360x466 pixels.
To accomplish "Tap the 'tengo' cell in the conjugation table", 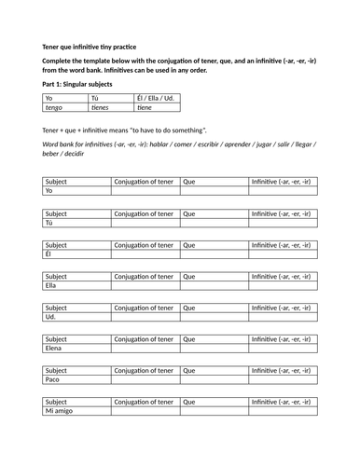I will click(64, 108).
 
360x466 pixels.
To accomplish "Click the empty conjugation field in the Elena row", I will click(145, 349).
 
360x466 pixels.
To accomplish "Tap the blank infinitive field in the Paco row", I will click(284, 380).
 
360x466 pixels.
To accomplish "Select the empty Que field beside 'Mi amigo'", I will click(215, 411).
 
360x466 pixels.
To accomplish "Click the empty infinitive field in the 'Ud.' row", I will click(284, 317).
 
